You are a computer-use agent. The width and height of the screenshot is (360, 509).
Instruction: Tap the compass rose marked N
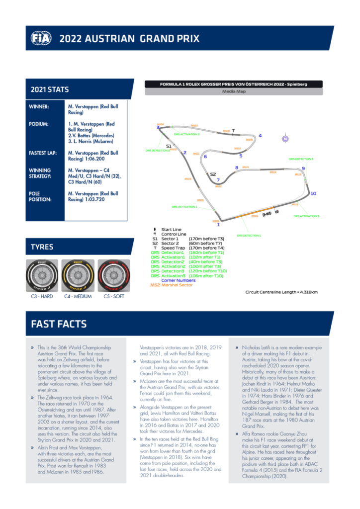285,139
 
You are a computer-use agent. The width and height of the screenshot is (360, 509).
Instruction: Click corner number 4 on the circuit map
260,136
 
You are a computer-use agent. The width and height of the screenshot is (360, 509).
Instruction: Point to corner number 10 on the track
313,193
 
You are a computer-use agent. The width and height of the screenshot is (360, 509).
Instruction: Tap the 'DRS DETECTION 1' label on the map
249,235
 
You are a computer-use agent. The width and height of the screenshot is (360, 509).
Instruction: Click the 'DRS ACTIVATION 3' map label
306,216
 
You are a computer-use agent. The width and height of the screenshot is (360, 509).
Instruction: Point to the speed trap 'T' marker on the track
233,131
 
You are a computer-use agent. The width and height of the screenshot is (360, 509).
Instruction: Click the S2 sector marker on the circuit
213,174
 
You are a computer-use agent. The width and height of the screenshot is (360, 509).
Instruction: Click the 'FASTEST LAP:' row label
43,153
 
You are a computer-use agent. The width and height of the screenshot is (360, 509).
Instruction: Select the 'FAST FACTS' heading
59,324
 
